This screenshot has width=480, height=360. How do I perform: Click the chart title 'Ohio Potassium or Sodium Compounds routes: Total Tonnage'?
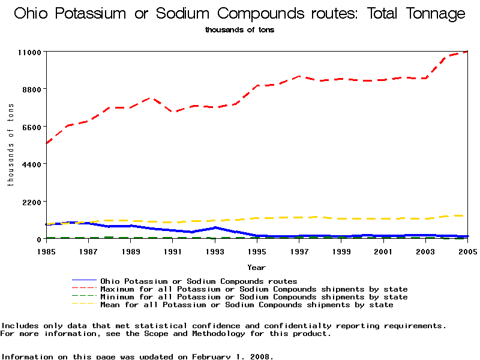239,14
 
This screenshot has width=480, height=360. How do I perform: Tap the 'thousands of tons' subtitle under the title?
239,30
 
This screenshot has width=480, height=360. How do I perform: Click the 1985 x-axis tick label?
46,251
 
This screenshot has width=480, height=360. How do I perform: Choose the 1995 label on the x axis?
257,251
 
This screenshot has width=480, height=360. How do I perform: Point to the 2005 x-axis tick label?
467,251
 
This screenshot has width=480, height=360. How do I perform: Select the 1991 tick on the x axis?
173,251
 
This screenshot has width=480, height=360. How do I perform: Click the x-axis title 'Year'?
256,268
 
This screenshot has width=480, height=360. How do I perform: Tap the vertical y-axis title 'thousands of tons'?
11,145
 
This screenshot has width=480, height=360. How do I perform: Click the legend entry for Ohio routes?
199,281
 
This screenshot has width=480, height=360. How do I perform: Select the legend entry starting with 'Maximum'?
254,289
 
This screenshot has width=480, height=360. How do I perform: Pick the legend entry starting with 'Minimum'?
254,297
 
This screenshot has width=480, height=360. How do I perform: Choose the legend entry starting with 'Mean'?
247,305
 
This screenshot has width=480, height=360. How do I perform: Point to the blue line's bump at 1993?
215,228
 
